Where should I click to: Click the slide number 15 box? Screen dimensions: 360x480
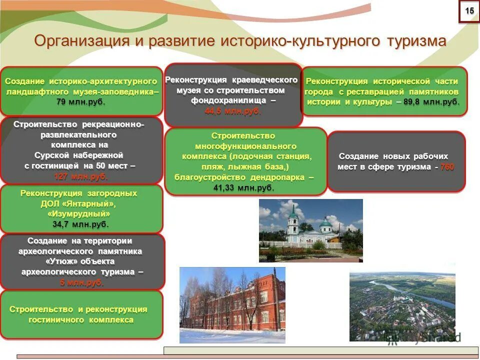(x=469, y=11)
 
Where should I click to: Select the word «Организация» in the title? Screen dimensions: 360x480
(x=81, y=40)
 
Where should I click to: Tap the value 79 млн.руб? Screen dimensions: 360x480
(x=81, y=102)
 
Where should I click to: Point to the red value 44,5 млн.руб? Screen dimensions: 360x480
(x=233, y=111)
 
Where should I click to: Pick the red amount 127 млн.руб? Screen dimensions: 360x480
(x=81, y=176)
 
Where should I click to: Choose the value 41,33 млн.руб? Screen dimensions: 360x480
(x=244, y=187)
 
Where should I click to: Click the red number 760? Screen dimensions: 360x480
(x=447, y=167)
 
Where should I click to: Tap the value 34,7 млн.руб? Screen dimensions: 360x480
(x=81, y=224)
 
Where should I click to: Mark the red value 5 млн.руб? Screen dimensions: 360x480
(x=81, y=282)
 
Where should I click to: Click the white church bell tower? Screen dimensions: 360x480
(x=292, y=220)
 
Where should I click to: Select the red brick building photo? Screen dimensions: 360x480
(x=232, y=304)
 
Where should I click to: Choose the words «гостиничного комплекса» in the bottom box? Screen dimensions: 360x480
(x=81, y=319)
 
